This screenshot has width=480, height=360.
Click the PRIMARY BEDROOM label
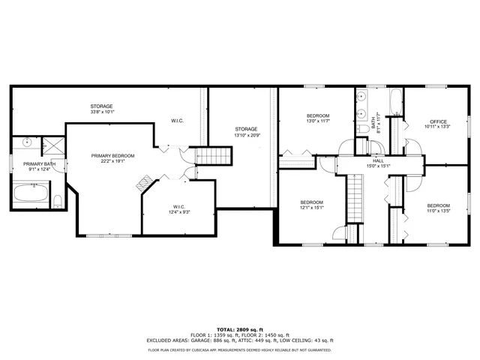(107, 156)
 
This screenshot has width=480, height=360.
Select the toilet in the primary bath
(57, 199)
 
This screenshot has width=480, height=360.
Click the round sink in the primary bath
(28, 141)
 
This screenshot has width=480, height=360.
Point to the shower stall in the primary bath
(52, 143)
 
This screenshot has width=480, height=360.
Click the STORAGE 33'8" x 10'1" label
(101, 106)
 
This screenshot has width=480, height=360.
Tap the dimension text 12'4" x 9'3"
(178, 212)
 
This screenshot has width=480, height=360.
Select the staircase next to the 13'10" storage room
(214, 156)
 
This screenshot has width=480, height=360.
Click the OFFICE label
(438, 121)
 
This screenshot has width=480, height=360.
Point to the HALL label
(379, 160)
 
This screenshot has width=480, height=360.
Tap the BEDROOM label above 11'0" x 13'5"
(438, 205)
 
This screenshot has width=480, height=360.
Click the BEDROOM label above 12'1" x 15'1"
(311, 202)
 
